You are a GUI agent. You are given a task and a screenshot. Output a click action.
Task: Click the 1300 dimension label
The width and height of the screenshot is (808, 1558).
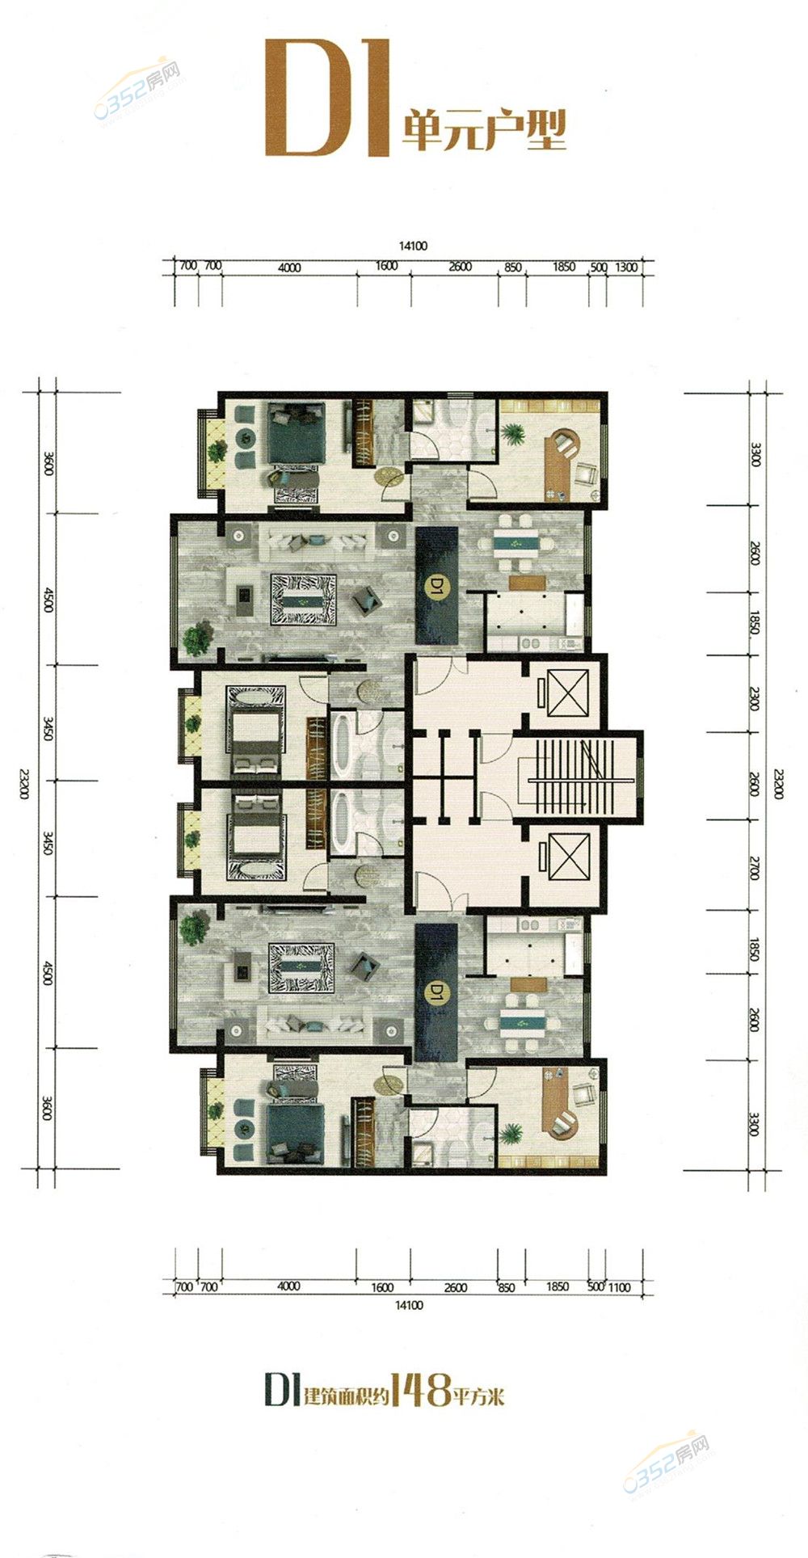pyautogui.click(x=627, y=267)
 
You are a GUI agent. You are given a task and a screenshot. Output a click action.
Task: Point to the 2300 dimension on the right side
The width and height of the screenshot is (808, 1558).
pyautogui.click(x=755, y=697)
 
